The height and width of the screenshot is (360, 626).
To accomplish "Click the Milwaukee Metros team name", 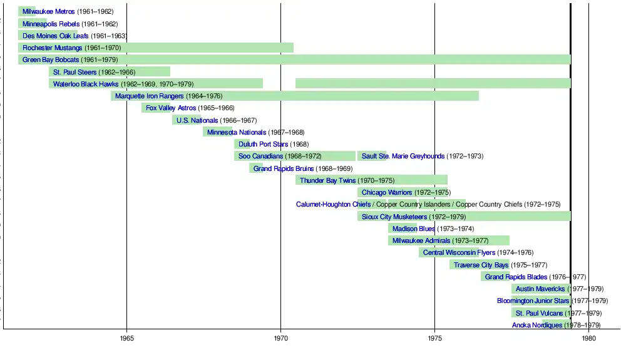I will (48, 12).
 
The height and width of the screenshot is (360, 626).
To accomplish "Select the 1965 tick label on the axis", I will (127, 339).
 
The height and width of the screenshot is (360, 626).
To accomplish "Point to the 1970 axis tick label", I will (281, 339).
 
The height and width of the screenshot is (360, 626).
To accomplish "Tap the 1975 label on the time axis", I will (435, 339).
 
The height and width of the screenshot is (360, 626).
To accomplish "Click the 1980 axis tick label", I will (588, 339).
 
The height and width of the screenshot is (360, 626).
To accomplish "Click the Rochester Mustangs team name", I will (52, 48).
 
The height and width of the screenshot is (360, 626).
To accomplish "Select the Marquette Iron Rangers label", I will (149, 96).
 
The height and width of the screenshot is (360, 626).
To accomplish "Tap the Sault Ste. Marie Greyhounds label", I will (403, 157).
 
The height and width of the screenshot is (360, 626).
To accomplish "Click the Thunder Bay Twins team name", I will (327, 181).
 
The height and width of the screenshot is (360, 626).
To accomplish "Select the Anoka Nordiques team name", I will (537, 326).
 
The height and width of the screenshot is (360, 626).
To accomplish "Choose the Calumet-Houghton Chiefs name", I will (333, 205).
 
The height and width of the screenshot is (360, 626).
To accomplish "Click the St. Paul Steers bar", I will (110, 72).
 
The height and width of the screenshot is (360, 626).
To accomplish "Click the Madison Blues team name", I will (414, 229).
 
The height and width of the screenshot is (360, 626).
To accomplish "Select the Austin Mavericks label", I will (540, 289).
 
